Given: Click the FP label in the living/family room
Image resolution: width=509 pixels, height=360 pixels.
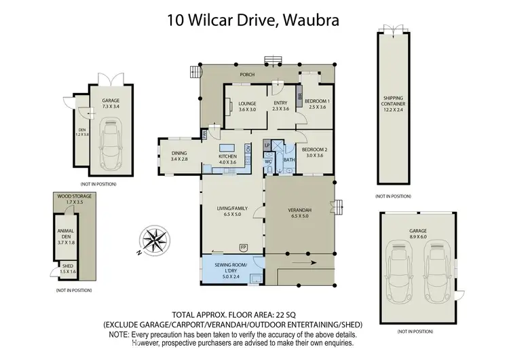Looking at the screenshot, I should pyautogui.click(x=243, y=246).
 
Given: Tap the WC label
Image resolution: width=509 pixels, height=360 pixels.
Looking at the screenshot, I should pyautogui.click(x=269, y=162).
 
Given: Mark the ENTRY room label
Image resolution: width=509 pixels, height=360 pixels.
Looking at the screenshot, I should pyautogui.click(x=280, y=103).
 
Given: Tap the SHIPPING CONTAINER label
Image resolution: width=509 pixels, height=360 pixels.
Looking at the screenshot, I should pyautogui.click(x=394, y=103).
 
